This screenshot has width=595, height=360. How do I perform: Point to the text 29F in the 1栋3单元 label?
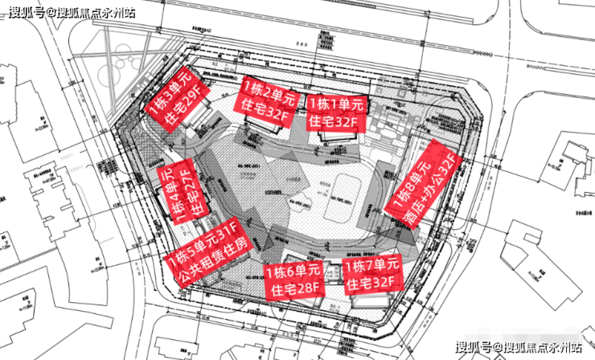pos(193,104)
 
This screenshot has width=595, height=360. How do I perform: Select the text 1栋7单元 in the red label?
pos(371,264)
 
